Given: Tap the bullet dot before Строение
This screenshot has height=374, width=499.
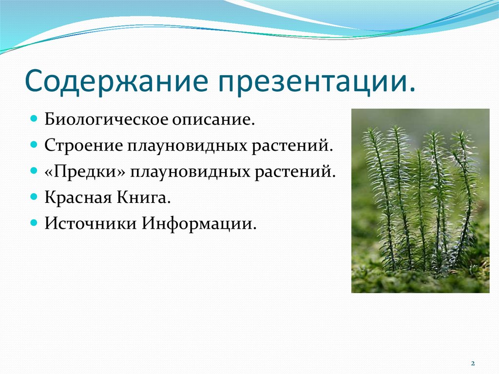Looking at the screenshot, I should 34,145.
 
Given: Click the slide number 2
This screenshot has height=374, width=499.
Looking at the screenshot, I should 473,364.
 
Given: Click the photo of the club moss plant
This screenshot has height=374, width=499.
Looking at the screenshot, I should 420,200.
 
